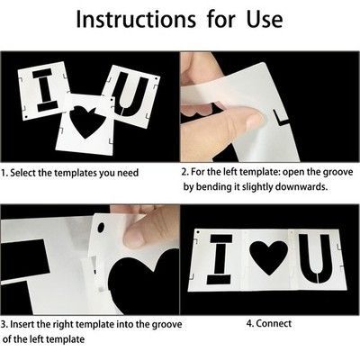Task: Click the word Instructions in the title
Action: point(136,20)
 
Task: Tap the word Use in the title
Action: point(265,20)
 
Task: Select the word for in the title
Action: point(221,20)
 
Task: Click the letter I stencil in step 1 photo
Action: point(47,90)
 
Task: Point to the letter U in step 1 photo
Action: point(132,95)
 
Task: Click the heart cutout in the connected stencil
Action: point(268,257)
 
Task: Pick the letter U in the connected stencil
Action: point(315,258)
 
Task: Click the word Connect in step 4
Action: point(274,323)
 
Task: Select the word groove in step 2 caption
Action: point(337,173)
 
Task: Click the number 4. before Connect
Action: point(250,324)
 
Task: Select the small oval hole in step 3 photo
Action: point(102,228)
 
